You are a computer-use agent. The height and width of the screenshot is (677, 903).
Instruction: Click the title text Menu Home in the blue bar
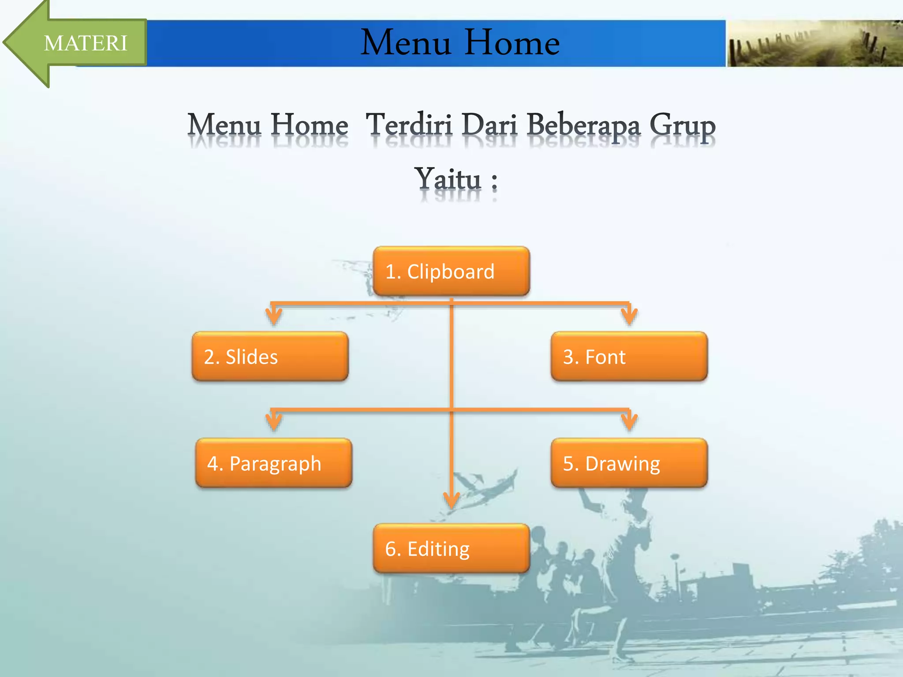point(460,43)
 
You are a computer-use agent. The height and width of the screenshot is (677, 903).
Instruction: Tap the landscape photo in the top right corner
point(814,43)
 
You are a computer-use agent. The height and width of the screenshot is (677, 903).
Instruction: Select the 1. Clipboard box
point(451,271)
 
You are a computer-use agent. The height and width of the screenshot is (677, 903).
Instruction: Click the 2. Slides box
point(270,356)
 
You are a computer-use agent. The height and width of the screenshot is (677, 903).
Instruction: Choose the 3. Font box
point(629,356)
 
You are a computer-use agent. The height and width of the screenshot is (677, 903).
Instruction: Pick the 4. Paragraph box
point(273,463)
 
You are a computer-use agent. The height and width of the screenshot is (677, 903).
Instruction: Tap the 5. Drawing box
point(629,463)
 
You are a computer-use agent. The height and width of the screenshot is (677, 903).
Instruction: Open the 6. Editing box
point(451,548)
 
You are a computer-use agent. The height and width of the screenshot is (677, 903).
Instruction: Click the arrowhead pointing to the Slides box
point(273,316)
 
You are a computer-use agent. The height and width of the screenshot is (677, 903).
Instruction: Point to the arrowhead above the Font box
point(629,316)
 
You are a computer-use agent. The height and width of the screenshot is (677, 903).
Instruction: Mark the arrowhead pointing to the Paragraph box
point(273,422)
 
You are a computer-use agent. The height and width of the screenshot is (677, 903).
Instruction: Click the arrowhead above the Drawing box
point(629,422)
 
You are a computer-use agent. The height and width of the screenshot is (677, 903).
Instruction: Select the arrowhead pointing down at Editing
point(451,501)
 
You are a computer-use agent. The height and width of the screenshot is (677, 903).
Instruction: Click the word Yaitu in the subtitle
point(448,179)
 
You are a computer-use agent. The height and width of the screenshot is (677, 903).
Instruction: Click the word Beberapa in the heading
point(583,126)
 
